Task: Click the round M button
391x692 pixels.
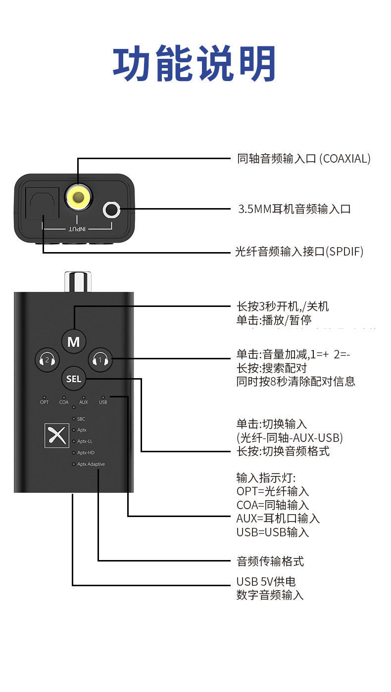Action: pyautogui.click(x=74, y=342)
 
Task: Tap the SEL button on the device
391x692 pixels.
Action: pyautogui.click(x=74, y=379)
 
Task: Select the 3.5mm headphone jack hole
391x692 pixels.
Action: pyautogui.click(x=112, y=210)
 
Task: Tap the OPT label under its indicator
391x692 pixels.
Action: pyautogui.click(x=45, y=402)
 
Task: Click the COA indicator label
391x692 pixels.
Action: pyautogui.click(x=64, y=402)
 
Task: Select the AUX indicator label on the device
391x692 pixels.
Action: pyautogui.click(x=83, y=402)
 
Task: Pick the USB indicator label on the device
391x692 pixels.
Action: pyautogui.click(x=103, y=402)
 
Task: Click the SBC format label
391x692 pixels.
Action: pyautogui.click(x=81, y=419)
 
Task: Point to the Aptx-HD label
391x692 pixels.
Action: pyautogui.click(x=86, y=453)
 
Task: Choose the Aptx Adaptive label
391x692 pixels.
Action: pyautogui.click(x=91, y=464)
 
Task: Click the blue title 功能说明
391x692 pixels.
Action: pyautogui.click(x=195, y=64)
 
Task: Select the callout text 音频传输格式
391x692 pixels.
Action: pyautogui.click(x=270, y=561)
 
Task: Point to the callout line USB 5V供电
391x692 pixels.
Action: pyautogui.click(x=266, y=582)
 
